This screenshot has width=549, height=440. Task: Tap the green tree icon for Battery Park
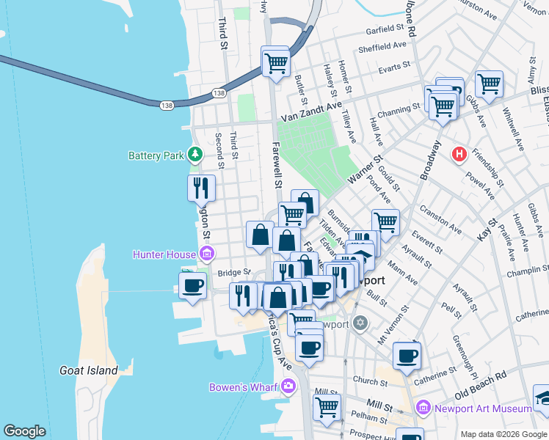click(x=195, y=155)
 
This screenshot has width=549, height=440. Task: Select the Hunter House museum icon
click(x=206, y=254)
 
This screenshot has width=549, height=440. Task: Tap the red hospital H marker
click(x=460, y=155)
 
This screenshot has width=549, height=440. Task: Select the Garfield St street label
click(x=386, y=31)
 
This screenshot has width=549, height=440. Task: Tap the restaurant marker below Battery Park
click(x=200, y=189)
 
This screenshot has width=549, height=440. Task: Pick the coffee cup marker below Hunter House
click(x=193, y=285)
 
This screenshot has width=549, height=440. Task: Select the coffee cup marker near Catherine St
click(x=407, y=356)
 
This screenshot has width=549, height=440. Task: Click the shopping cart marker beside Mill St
click(x=327, y=407)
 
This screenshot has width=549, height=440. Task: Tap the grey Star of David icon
click(x=360, y=323)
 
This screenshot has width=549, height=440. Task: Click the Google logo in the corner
click(x=24, y=431)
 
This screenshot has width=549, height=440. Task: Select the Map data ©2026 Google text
click(x=503, y=434)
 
